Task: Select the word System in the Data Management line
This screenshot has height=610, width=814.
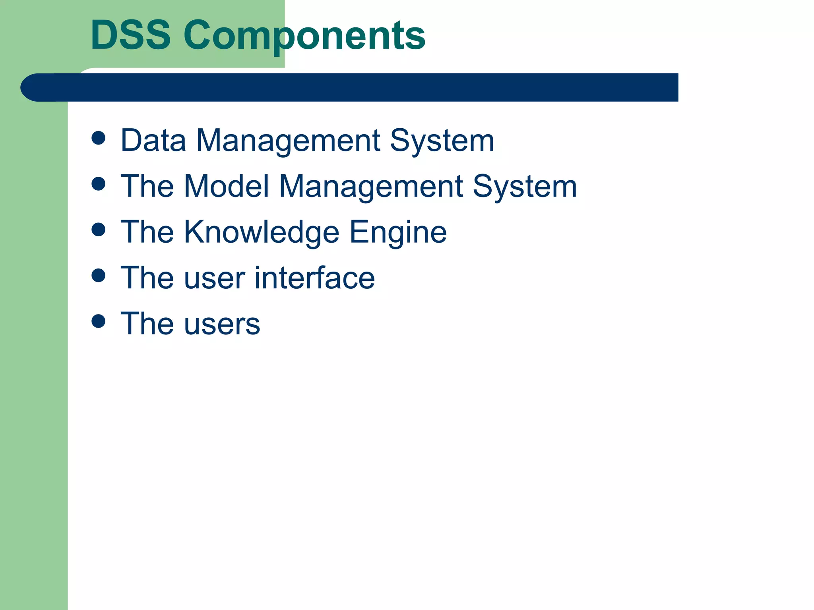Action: pos(442,141)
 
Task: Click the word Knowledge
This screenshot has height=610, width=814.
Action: pos(261,233)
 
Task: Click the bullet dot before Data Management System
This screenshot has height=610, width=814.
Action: pos(98,138)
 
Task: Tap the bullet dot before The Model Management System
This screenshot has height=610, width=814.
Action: pos(98,184)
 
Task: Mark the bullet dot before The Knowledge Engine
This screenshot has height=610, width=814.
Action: pos(98,230)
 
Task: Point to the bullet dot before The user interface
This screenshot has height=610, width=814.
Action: pos(98,275)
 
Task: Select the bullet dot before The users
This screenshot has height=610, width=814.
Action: pos(98,321)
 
